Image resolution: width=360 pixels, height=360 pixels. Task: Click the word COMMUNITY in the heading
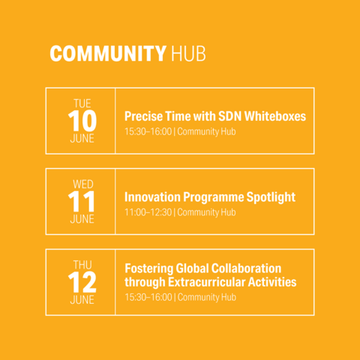pyautogui.click(x=108, y=53)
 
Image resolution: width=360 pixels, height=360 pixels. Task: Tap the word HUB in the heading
pyautogui.click(x=188, y=53)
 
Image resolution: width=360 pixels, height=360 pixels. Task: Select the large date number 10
pyautogui.click(x=82, y=121)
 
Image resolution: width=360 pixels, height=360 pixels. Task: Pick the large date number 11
pyautogui.click(x=82, y=202)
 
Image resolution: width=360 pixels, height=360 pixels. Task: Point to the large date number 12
pyautogui.click(x=82, y=282)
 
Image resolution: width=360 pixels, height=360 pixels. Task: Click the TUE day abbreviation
pyautogui.click(x=82, y=103)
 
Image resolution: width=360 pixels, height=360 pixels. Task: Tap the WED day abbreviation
pyautogui.click(x=83, y=184)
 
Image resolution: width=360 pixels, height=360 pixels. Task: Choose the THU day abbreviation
pyautogui.click(x=82, y=265)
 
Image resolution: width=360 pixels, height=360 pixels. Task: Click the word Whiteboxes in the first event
pyautogui.click(x=275, y=116)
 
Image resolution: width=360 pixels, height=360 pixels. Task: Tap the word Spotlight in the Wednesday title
pyautogui.click(x=271, y=197)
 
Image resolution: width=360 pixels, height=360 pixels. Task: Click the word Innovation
pyautogui.click(x=152, y=197)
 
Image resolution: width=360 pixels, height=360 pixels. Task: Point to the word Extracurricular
pyautogui.click(x=207, y=282)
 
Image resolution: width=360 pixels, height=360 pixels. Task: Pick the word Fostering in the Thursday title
pyautogui.click(x=149, y=268)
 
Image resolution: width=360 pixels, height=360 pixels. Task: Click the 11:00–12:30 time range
pyautogui.click(x=148, y=212)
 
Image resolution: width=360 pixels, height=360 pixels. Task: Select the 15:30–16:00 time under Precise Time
pyautogui.click(x=148, y=131)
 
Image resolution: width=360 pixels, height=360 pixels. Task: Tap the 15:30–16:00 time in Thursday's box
pyautogui.click(x=148, y=297)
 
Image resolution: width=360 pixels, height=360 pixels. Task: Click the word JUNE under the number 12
pyautogui.click(x=82, y=300)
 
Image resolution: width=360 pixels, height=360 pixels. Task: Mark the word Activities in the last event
pyautogui.click(x=272, y=282)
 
